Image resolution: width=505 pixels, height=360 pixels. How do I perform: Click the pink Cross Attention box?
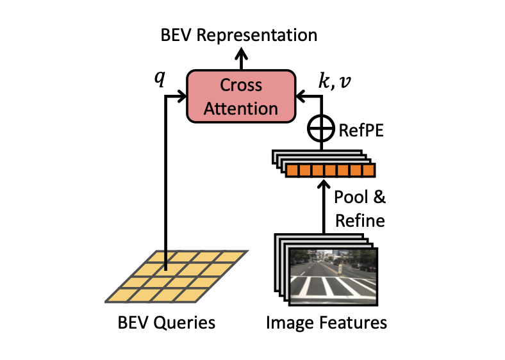[x=240, y=96]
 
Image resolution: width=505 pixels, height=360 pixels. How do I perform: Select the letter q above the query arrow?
[x=160, y=78]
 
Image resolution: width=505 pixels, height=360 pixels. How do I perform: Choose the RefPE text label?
[x=358, y=131]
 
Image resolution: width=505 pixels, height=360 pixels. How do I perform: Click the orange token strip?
[x=329, y=170]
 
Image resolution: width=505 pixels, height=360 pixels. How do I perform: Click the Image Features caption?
[x=326, y=322]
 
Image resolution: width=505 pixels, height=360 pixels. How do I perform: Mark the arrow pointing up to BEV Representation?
[x=241, y=59]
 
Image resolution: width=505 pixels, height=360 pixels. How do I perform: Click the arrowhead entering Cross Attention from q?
[x=181, y=97]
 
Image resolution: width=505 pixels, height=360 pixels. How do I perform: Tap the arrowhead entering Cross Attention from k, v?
[x=300, y=97]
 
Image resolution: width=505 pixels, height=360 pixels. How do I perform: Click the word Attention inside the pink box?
[x=240, y=108]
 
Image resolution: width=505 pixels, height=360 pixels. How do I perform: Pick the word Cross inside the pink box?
[x=240, y=85]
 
